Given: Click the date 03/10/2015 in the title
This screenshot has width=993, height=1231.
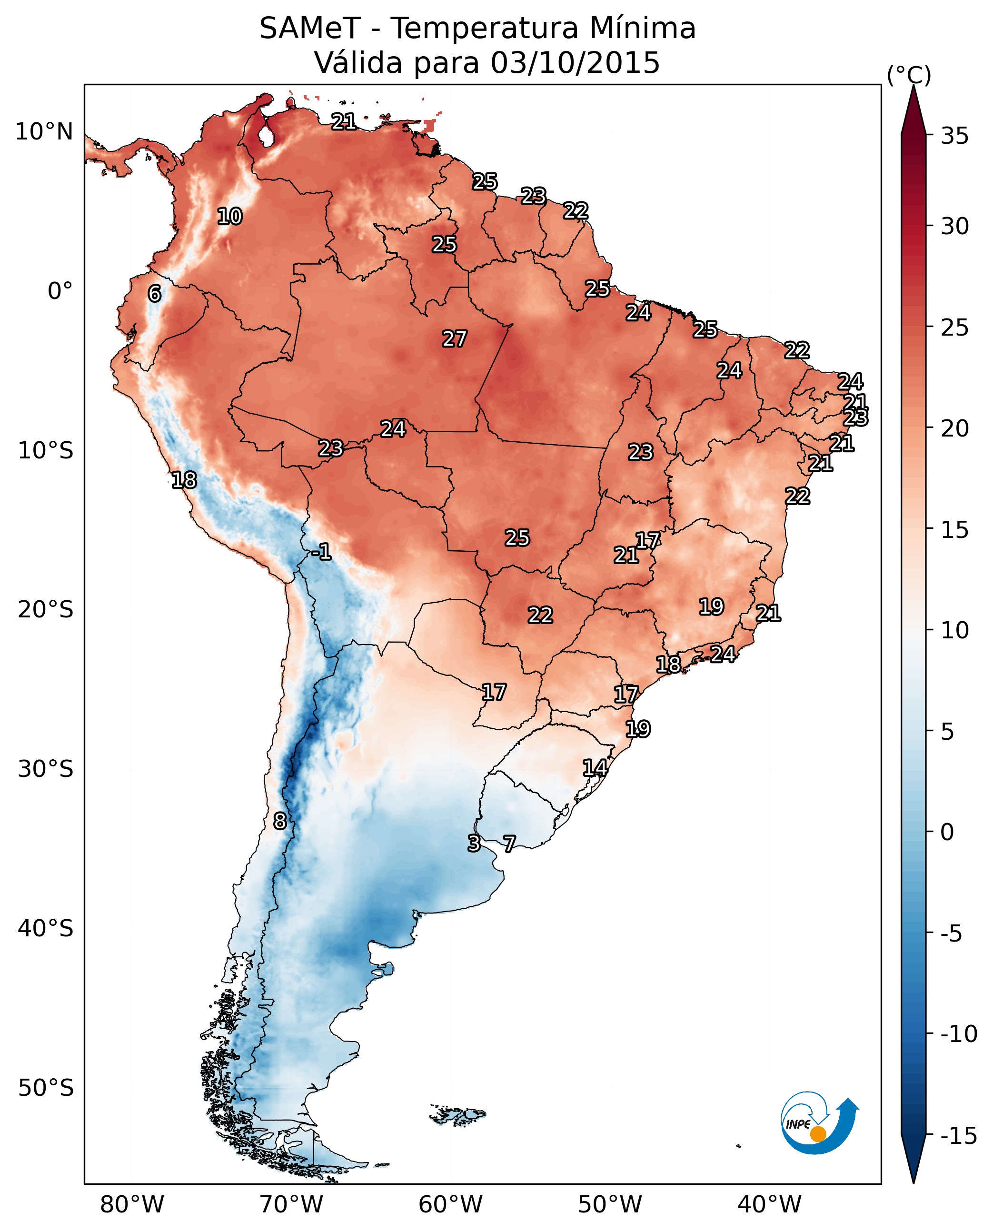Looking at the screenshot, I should click(x=575, y=63).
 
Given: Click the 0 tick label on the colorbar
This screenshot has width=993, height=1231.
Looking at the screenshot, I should click(x=947, y=832).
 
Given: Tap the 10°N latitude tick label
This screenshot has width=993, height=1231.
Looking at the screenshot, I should click(x=44, y=132).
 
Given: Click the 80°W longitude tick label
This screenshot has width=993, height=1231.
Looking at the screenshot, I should click(x=132, y=1204).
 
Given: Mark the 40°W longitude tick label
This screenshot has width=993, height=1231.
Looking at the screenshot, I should click(x=769, y=1204).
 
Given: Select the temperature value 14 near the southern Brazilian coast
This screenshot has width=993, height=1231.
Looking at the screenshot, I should click(x=595, y=768).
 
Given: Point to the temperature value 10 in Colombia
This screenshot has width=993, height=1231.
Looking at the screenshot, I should click(x=230, y=217).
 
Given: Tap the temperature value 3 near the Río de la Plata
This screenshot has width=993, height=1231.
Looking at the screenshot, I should click(x=474, y=843).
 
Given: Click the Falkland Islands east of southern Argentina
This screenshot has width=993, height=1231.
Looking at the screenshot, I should click(x=457, y=1114).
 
